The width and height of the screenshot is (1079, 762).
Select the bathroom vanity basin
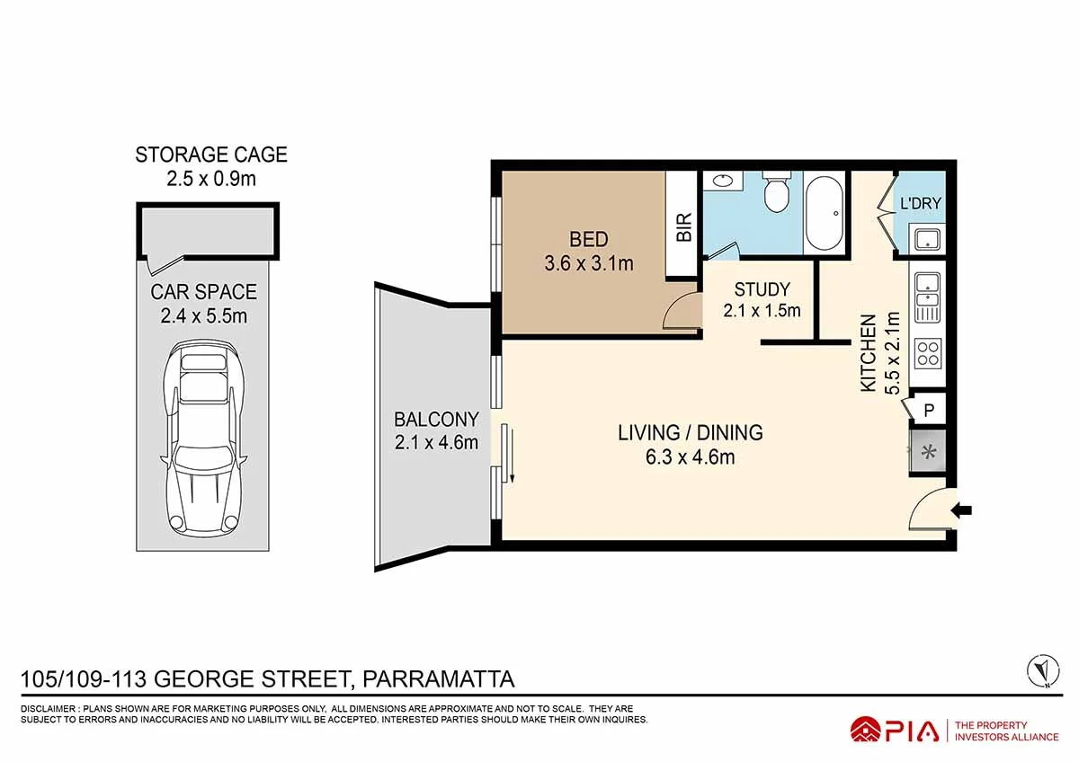(x=723, y=182)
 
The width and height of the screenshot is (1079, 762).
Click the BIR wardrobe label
(x=683, y=226)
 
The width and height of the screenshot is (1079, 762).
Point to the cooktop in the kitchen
(x=927, y=353)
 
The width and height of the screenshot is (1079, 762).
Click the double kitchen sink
(x=927, y=297)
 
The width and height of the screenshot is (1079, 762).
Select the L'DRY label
(x=921, y=204)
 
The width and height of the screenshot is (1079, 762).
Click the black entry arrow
(x=962, y=510)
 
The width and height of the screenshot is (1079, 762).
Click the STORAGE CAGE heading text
(x=211, y=155)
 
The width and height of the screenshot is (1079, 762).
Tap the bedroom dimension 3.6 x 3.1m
(x=589, y=263)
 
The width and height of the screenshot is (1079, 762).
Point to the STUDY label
(x=762, y=289)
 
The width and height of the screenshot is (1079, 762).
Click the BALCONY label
(x=436, y=419)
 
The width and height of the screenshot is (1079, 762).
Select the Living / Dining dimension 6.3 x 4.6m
(x=690, y=456)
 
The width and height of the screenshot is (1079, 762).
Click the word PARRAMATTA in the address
(x=438, y=678)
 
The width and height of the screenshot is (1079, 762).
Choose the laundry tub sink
(x=927, y=240)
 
